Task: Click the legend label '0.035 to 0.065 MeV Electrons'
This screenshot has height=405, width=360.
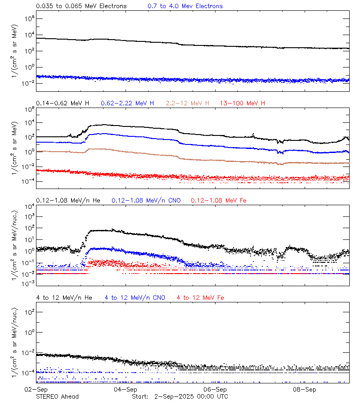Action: [81, 6]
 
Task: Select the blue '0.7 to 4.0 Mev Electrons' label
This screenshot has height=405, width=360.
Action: [185, 6]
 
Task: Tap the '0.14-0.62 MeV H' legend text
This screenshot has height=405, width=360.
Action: [63, 103]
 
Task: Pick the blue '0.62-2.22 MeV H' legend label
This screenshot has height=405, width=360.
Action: [128, 103]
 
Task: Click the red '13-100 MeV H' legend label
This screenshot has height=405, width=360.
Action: [243, 103]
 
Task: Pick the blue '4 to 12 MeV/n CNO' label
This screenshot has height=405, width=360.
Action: [135, 297]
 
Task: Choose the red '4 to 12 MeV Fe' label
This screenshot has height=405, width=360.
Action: [200, 297]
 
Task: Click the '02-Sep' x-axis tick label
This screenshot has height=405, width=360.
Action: [36, 389]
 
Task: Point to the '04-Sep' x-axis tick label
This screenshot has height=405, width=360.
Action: [126, 389]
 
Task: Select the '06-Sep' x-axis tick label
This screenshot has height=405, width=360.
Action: [215, 389]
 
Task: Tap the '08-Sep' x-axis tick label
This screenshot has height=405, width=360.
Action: [305, 389]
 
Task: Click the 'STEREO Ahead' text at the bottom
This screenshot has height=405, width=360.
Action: [57, 396]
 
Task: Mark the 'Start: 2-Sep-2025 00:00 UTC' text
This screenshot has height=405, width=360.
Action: [180, 396]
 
